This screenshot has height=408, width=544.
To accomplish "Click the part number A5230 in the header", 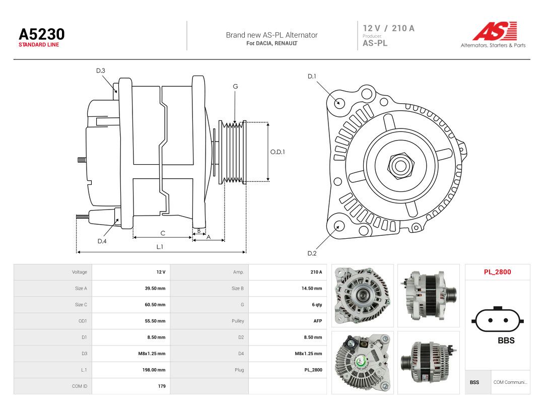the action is coord(42,34).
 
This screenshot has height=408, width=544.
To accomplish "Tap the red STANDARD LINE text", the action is coord(39,45).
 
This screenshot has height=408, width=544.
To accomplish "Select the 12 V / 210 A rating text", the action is coord(388,28).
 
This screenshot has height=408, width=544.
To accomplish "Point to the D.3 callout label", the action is coord(101,71).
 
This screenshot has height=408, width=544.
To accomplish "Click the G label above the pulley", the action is coord(235,87).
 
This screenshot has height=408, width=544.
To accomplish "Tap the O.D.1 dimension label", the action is coord(278,152).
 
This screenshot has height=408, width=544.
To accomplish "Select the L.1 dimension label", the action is coord(160,247).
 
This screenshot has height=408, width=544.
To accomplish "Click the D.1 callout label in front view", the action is coord(312,77).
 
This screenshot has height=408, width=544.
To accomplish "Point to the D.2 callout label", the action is coord(312,253).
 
